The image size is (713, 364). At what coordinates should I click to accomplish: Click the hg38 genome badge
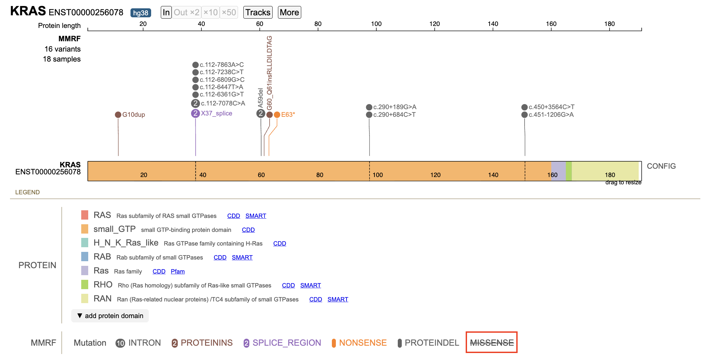(x=140, y=13)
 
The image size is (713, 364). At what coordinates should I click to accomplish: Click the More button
(x=289, y=13)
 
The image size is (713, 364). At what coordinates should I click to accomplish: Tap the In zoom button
(x=166, y=13)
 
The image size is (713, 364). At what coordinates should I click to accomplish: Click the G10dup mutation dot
(x=118, y=115)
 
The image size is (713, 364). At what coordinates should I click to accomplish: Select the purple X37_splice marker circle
(x=195, y=113)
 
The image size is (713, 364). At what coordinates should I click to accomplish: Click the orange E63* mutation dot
(x=277, y=115)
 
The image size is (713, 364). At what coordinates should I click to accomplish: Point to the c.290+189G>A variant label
(x=395, y=107)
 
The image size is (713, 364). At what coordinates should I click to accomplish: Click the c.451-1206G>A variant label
(x=551, y=115)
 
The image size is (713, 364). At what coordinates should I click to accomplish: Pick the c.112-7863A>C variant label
(x=222, y=65)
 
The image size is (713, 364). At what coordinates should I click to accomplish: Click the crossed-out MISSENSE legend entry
(x=492, y=343)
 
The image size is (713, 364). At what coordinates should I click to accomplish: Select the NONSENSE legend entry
(x=359, y=343)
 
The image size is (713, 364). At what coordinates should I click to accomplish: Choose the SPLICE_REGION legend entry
(x=282, y=343)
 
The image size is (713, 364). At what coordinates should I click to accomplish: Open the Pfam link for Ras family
(x=178, y=272)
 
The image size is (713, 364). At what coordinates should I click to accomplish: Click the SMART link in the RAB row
(x=242, y=258)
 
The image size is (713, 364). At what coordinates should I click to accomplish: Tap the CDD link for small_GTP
(x=248, y=230)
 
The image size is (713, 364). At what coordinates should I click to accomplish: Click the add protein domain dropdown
(x=110, y=316)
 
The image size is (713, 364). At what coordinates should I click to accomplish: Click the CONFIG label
(x=661, y=166)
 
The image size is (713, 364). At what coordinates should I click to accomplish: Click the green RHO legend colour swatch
(x=85, y=285)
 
